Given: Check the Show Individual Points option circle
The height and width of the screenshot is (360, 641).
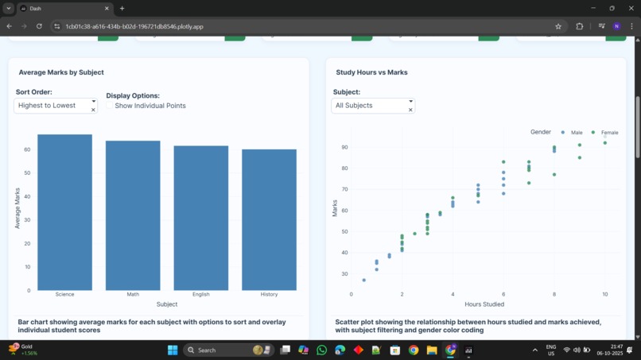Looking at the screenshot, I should [x=110, y=106].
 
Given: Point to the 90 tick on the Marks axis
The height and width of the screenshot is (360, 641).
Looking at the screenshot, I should [x=345, y=147].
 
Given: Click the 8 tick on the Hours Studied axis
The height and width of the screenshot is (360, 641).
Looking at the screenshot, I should [x=554, y=294].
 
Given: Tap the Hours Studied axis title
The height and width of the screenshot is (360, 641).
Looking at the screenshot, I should [x=484, y=304].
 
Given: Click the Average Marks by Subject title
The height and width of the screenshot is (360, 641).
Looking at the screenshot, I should [x=61, y=72].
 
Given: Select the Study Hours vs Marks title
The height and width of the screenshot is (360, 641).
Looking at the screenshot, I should [x=371, y=72].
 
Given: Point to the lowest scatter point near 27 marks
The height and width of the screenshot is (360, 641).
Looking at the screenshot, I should [x=364, y=280].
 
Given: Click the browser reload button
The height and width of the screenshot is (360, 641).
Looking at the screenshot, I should [x=39, y=26].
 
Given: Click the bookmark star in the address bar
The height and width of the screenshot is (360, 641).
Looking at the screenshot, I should [x=558, y=26].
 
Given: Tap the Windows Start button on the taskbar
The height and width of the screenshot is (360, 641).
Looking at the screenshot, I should [x=172, y=350].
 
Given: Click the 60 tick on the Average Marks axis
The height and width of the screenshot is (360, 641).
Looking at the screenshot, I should [x=27, y=149].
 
